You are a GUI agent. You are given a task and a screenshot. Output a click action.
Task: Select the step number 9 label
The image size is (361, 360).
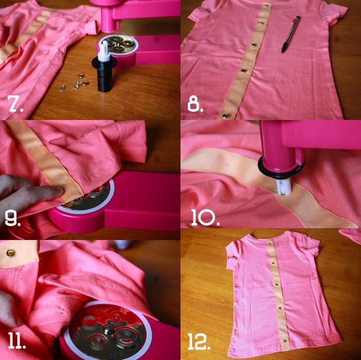13,219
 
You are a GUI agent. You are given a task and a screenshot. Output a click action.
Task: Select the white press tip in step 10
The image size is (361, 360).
283,185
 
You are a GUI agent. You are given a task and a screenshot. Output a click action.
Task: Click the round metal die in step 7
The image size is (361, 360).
118,42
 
